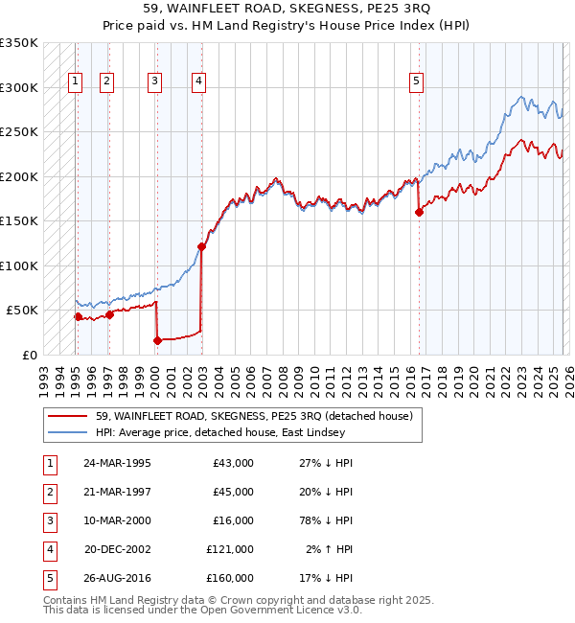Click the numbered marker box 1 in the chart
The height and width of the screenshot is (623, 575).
tap(75, 81)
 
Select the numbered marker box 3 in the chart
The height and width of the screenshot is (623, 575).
tap(154, 81)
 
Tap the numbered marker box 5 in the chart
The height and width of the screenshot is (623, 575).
tap(417, 81)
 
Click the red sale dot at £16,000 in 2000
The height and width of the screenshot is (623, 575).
tap(155, 340)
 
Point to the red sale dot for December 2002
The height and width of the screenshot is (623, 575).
tap(201, 246)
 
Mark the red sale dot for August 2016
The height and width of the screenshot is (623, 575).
tap(419, 212)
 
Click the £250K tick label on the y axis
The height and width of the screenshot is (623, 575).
tap(18, 131)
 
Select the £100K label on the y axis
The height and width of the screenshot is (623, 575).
tap(18, 265)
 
